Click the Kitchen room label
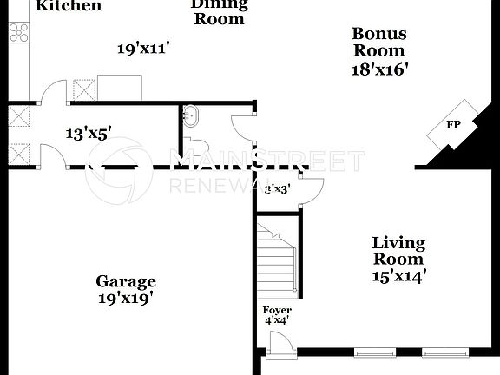point(69,6)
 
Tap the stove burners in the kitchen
point(17,32)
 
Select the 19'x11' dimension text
point(143,49)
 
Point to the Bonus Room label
point(378,42)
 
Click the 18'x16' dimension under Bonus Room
point(379,68)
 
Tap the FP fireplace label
point(452,125)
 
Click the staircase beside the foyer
point(278,260)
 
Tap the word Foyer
point(277,310)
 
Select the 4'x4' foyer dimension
point(276,320)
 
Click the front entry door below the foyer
point(278,346)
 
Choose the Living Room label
point(398,251)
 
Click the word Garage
point(126,281)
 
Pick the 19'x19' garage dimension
point(126,298)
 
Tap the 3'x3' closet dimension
point(277,187)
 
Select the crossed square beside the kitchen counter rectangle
point(84,90)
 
